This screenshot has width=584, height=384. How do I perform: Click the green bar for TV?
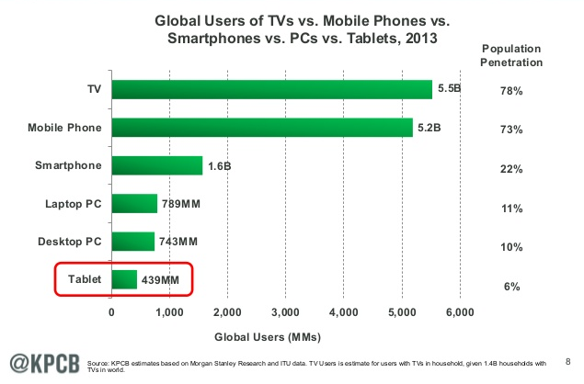(271, 89)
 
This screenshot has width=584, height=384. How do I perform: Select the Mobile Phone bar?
(262, 127)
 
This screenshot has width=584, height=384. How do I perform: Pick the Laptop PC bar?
(134, 203)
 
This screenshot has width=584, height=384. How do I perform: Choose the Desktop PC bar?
(132, 241)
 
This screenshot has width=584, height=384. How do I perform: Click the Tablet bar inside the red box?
(124, 279)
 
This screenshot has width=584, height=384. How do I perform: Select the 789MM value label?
(182, 203)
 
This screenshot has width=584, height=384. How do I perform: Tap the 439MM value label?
(162, 279)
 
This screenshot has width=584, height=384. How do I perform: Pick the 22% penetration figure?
(512, 170)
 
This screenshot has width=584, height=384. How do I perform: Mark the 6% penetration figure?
(512, 288)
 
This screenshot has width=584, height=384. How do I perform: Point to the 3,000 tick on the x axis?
(285, 312)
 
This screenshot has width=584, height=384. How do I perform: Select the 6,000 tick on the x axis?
(459, 312)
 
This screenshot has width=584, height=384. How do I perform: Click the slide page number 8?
(567, 360)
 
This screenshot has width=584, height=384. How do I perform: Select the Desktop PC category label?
(69, 241)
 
